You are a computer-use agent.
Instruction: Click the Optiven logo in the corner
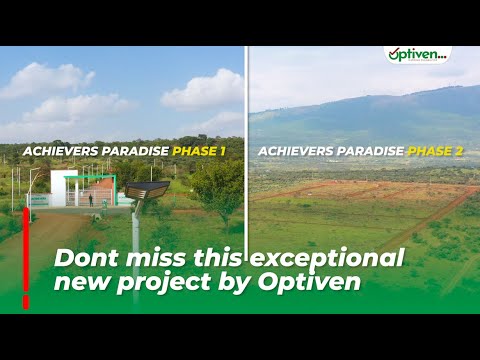[x=417, y=55]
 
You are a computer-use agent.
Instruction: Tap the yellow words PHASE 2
[x=436, y=152]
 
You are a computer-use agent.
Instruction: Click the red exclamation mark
[x=26, y=255]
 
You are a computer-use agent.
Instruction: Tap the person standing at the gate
[x=91, y=199]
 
